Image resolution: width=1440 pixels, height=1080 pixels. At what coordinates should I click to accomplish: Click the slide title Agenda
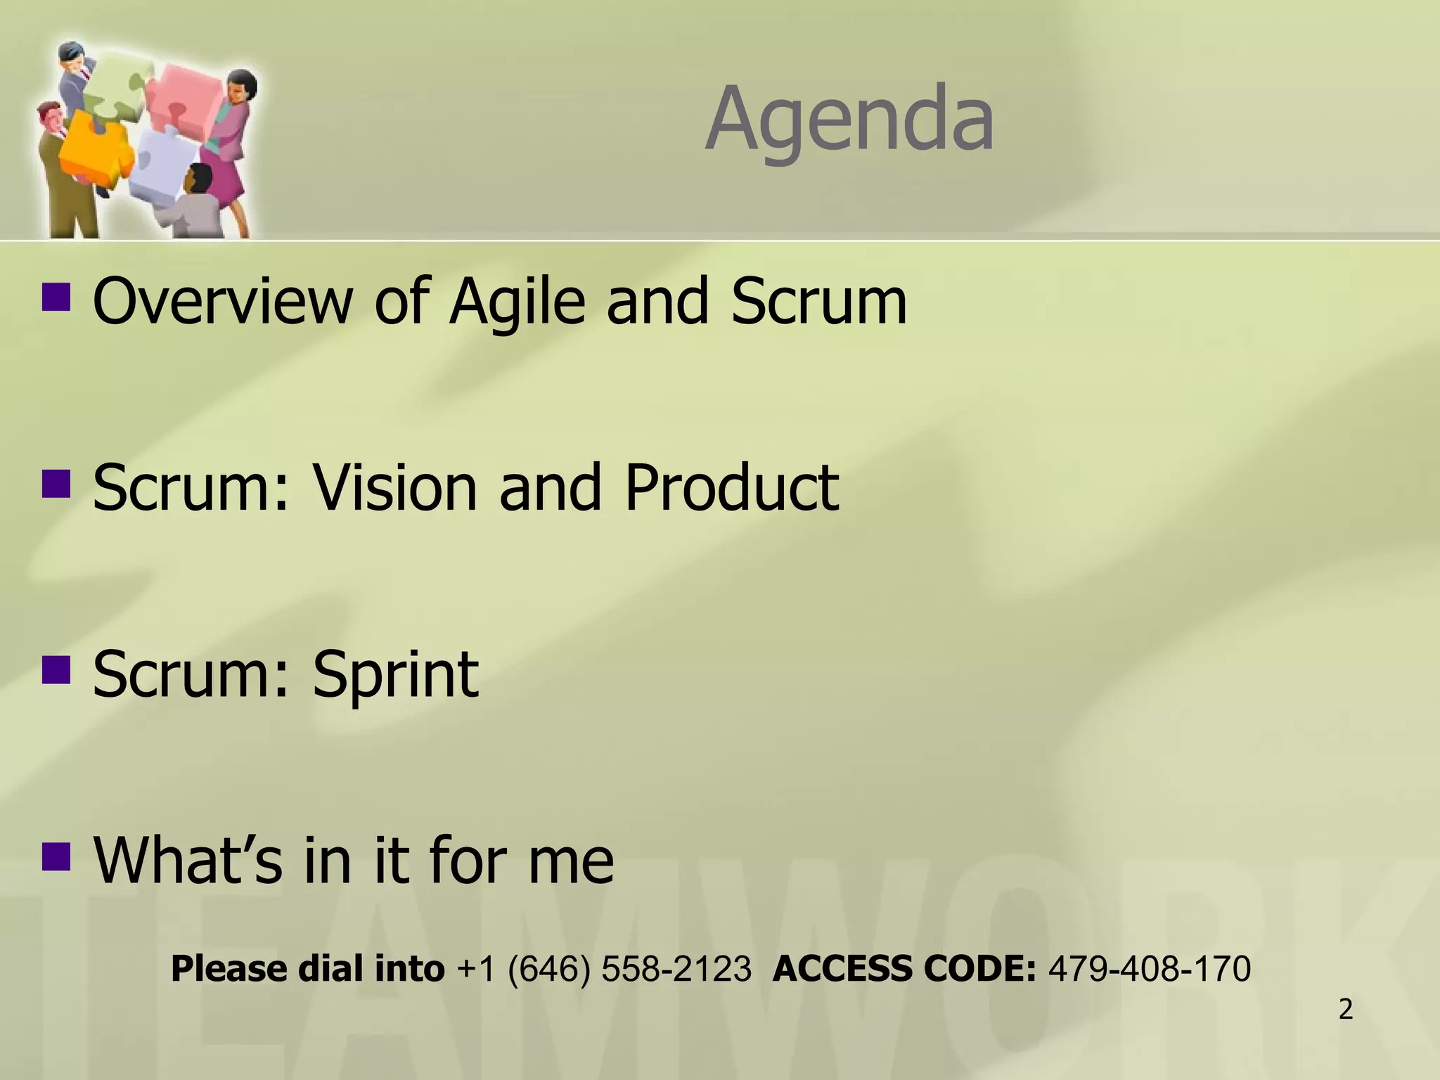849,120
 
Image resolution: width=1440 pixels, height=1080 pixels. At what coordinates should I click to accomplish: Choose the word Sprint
395,675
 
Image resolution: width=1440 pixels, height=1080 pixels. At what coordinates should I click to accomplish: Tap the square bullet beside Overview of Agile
56,296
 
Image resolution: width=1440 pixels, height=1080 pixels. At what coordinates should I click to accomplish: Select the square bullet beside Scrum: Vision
56,483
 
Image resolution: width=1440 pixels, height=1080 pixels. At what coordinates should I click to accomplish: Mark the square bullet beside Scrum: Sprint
56,670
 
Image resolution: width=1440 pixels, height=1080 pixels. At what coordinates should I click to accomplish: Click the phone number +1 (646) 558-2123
604,969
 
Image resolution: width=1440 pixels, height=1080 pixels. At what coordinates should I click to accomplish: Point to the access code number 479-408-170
1149,969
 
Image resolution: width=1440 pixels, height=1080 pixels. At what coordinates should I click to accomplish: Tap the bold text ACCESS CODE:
904,969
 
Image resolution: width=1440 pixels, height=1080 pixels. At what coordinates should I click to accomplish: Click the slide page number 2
1346,1010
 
